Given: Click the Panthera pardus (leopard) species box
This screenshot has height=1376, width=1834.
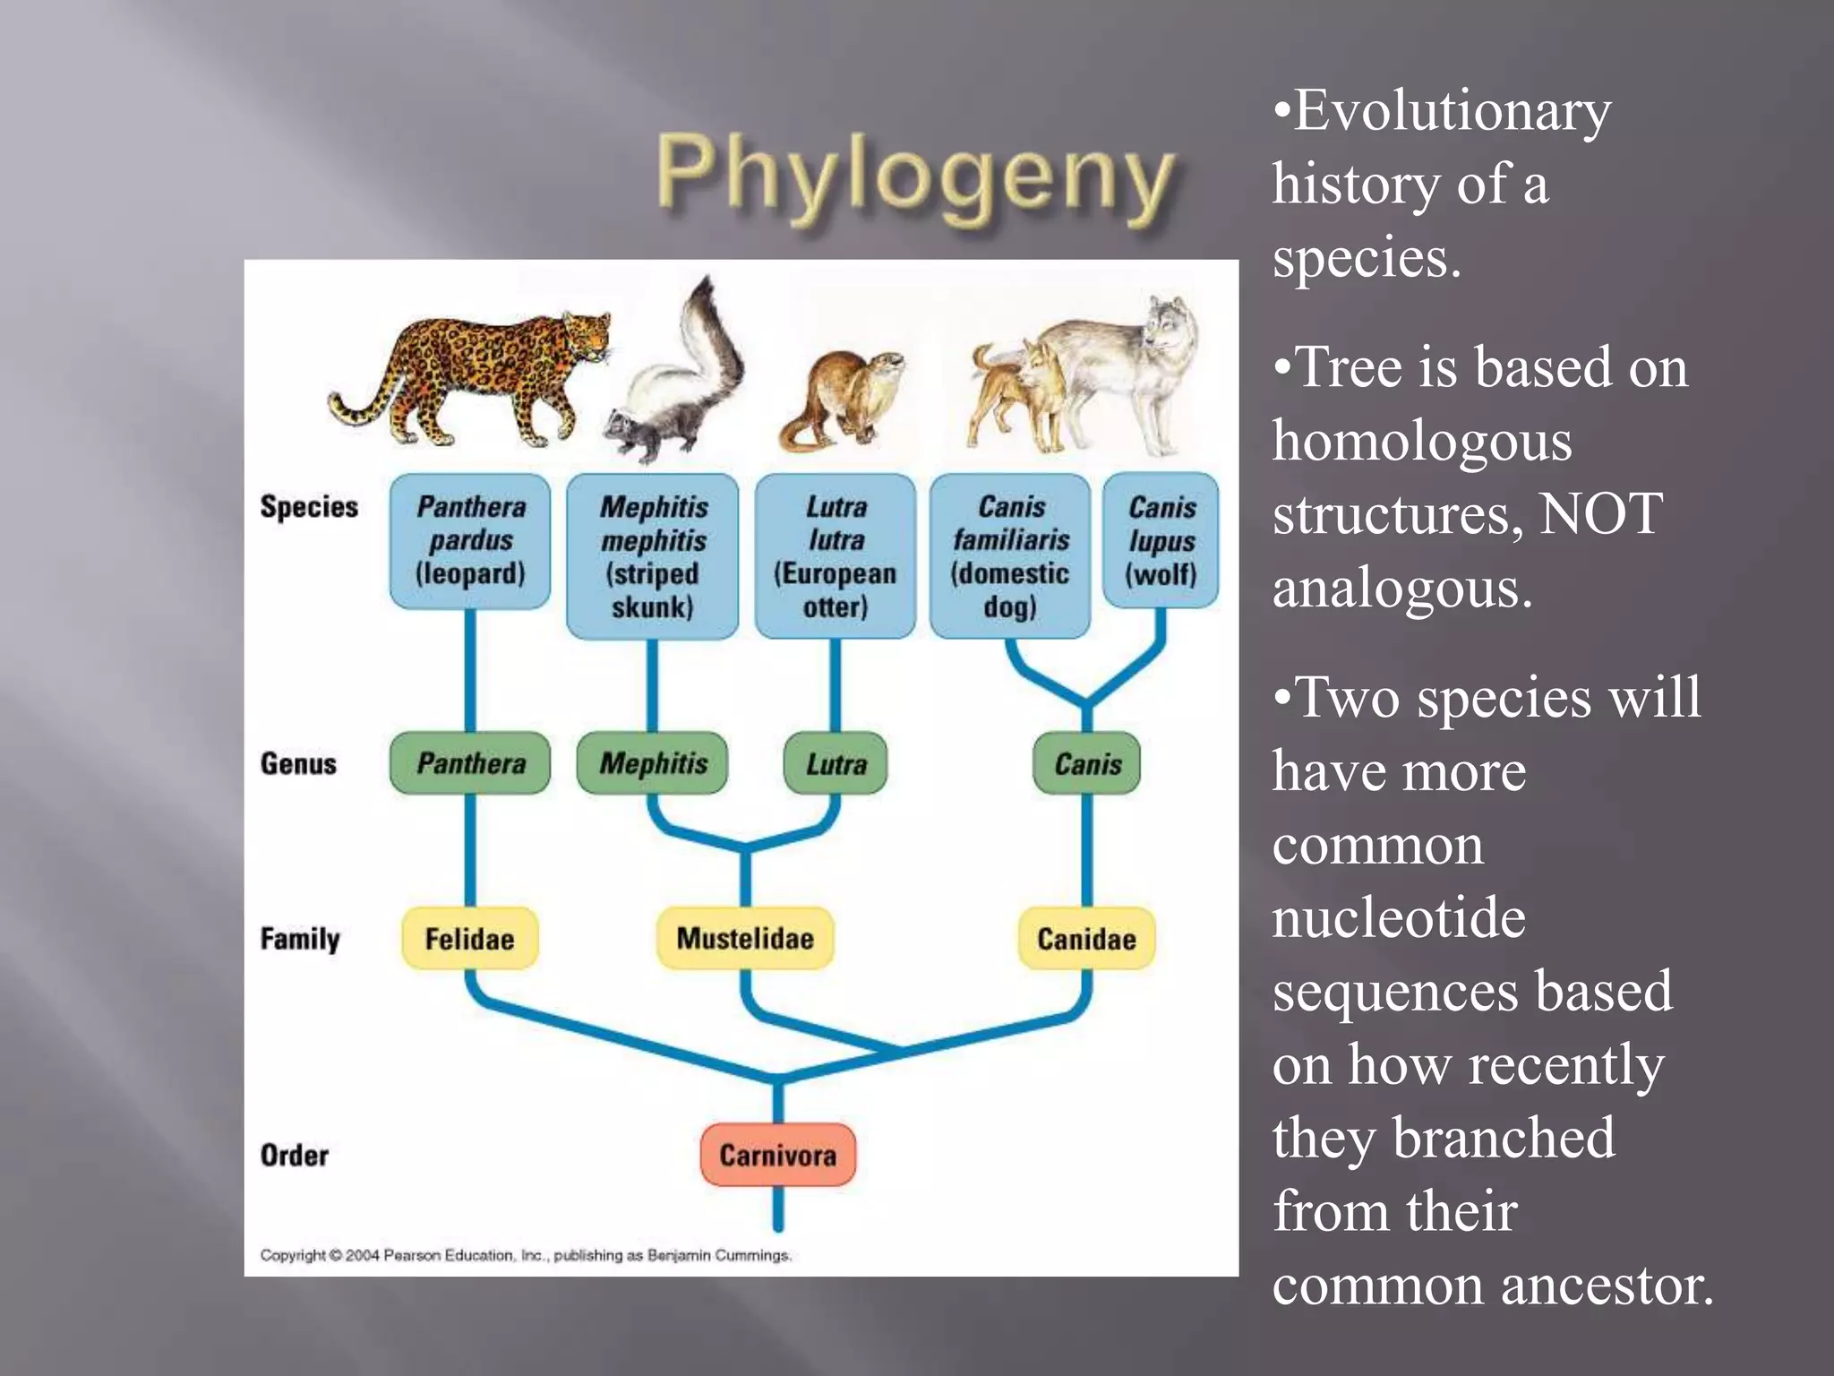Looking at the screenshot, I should [470, 541].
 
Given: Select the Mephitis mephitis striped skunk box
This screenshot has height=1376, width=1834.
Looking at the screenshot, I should [653, 556].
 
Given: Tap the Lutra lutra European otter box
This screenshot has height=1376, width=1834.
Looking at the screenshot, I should [836, 556].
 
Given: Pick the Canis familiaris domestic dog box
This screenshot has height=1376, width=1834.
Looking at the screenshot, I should [1010, 556].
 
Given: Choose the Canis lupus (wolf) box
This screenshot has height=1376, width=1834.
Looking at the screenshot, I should [1161, 541].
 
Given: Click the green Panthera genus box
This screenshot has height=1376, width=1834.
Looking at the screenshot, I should [470, 763].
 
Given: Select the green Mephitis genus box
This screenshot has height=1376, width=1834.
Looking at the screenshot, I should [653, 763].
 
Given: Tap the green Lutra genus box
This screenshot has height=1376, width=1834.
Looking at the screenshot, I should [836, 764].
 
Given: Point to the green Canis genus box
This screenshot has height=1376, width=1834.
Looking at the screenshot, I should [1087, 764].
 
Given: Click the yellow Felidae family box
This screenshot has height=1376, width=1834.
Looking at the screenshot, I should [469, 939].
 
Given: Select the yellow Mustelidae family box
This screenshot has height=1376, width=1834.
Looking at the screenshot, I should [745, 938].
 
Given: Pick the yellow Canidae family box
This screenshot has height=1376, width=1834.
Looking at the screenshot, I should [1086, 939].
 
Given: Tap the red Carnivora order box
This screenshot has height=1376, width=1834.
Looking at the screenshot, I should [777, 1155].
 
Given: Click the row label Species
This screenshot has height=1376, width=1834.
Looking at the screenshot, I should [309, 507].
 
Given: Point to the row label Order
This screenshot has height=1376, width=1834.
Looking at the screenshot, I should [294, 1155].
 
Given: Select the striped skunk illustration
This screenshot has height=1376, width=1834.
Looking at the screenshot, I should [676, 376].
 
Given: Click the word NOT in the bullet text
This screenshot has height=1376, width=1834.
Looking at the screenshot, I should [1600, 514].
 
